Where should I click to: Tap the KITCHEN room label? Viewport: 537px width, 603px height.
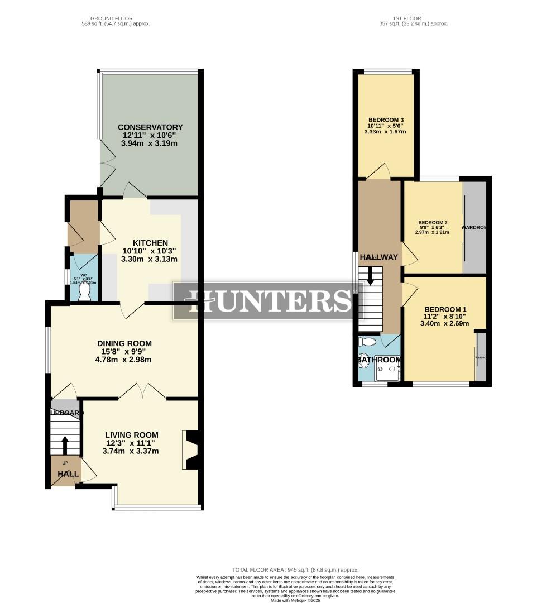[x=150, y=243]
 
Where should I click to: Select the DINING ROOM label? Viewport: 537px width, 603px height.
[x=124, y=343]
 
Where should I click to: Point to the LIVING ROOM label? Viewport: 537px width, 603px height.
[x=131, y=435]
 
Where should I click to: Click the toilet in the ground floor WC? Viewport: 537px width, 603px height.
[x=84, y=292]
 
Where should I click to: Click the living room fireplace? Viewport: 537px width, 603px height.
[x=191, y=449]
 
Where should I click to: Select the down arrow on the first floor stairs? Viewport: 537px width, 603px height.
[x=370, y=276]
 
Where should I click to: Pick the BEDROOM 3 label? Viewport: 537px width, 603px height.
[x=386, y=120]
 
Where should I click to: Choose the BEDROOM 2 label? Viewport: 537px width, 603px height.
[x=433, y=222]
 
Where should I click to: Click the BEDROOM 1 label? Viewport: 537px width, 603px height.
[x=445, y=309]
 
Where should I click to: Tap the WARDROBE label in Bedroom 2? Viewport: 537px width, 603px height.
[x=475, y=228]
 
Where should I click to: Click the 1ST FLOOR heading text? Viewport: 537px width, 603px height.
[x=414, y=18]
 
